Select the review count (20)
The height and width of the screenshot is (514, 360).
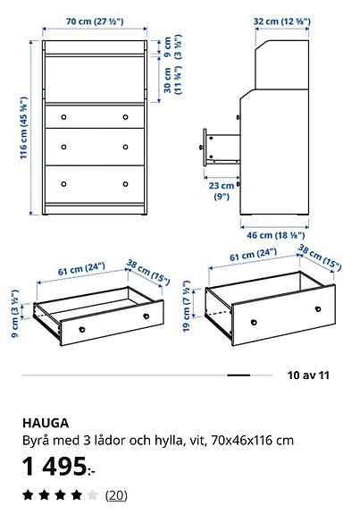point(116,494)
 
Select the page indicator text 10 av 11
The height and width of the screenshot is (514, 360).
point(309,375)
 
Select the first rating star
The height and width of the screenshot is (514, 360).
point(29,494)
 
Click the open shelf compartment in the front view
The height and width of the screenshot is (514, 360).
point(94,78)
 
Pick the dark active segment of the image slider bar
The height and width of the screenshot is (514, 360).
point(239,375)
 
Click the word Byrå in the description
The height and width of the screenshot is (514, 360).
point(37,441)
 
